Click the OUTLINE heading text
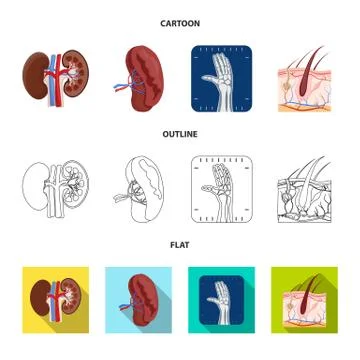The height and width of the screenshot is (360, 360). (x=179, y=133)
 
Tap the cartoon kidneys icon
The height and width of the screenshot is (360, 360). (x=56, y=76)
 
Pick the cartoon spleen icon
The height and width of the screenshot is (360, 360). (x=140, y=76)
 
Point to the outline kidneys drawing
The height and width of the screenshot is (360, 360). (x=56, y=187)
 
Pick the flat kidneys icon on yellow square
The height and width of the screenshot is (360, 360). (x=56, y=300)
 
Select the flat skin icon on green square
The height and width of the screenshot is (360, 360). (x=304, y=300)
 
